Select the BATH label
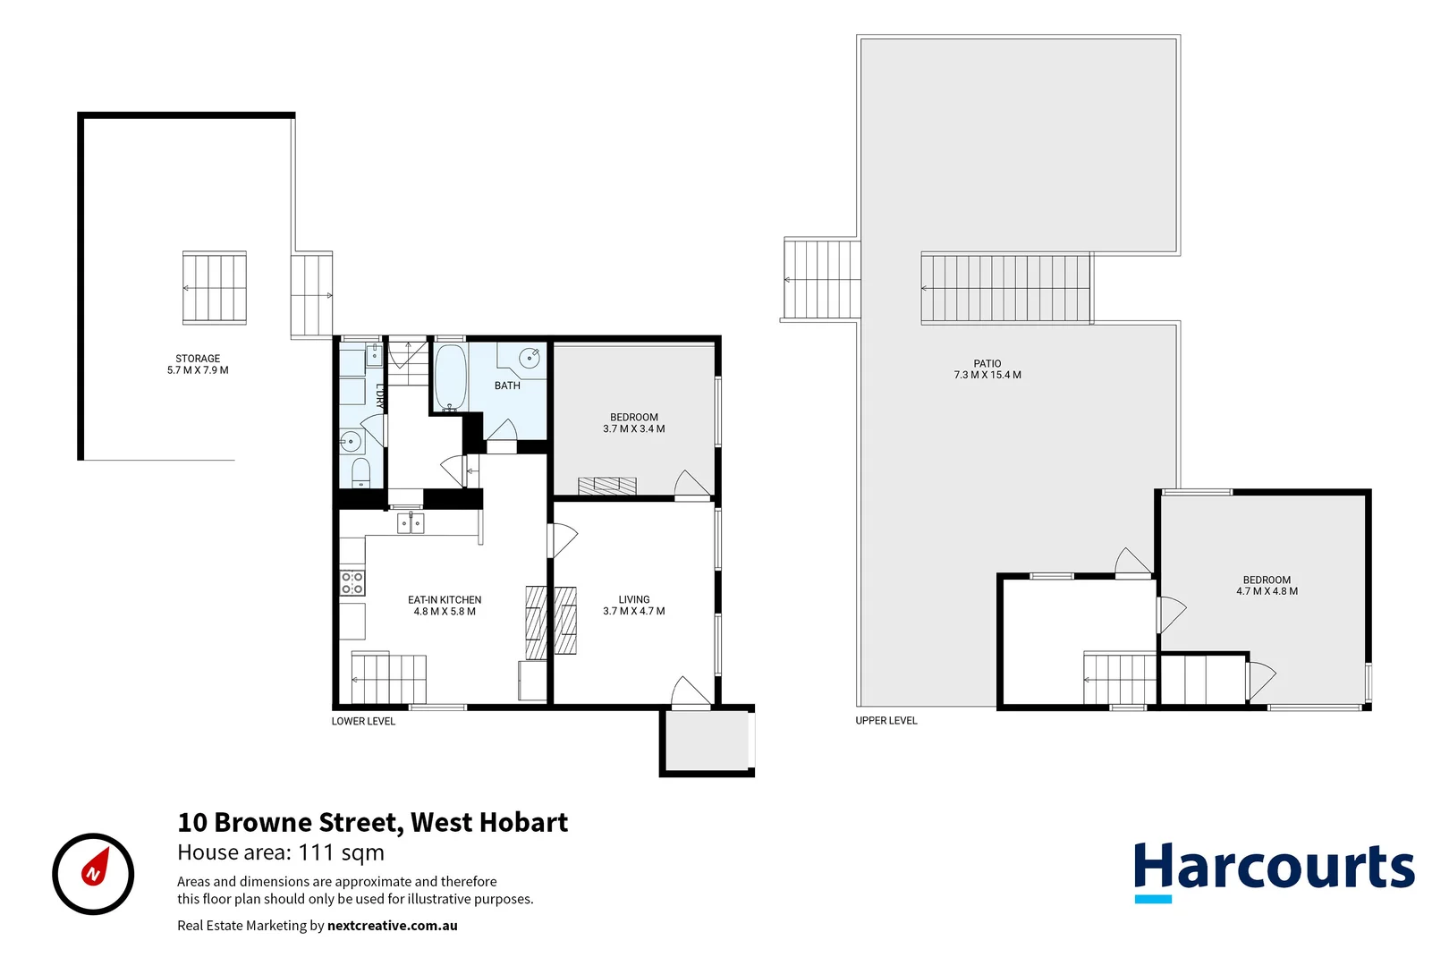pos(507,386)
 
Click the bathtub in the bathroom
pos(449,377)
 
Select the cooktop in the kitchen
pos(352,583)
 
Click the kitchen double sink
pos(411,522)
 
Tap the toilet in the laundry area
pos(360,471)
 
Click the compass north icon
pos(93,874)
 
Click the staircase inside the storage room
pos(215,287)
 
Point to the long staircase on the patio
pos(1006,288)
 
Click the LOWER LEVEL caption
pos(363,721)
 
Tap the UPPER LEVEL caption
pos(886,720)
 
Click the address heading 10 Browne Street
pos(372,822)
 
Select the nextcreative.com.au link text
pos(392,926)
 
